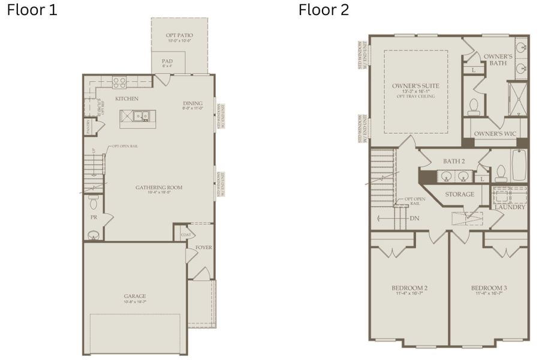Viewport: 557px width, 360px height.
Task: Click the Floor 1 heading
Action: tap(32, 10)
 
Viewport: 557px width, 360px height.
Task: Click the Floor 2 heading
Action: tap(324, 10)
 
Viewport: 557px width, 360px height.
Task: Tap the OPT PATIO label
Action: tap(179, 36)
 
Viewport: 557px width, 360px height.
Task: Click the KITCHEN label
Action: tap(127, 98)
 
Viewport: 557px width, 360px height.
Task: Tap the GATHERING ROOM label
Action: tap(159, 187)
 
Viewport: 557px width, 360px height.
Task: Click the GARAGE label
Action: tap(135, 296)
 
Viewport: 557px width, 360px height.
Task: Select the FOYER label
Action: tap(204, 247)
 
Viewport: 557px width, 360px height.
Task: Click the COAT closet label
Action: tap(186, 235)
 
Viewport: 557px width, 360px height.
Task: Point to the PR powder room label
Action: tap(94, 217)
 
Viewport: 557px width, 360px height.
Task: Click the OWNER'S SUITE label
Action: tap(416, 86)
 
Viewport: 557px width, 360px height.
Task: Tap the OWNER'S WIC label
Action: tap(494, 133)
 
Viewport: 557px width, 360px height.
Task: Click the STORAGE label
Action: tap(459, 194)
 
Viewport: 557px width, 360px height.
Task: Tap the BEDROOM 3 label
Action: tap(489, 288)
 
